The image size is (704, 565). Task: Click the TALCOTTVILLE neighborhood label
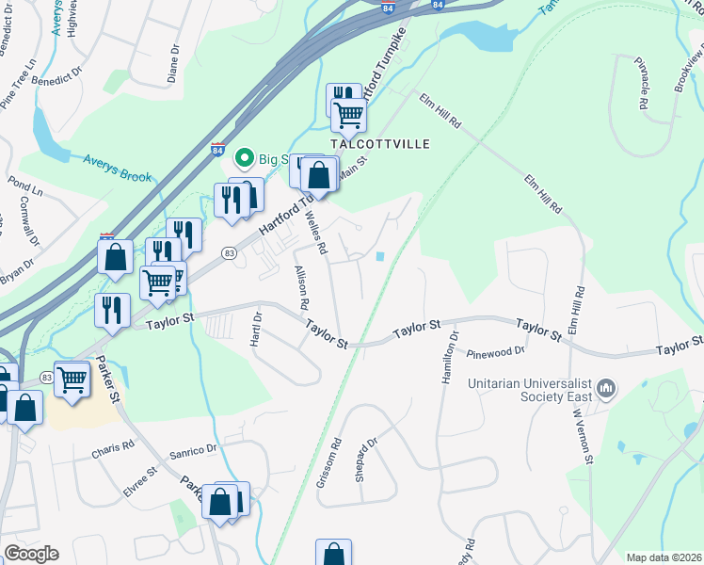[x=380, y=144]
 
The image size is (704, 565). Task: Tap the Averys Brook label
[x=117, y=169]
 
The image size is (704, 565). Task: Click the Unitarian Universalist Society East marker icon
[x=606, y=388]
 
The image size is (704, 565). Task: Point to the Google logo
[x=30, y=554]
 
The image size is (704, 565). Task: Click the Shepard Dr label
[x=365, y=458]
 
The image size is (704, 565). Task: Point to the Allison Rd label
[x=302, y=289]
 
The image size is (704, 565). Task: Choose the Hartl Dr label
[x=254, y=329]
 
